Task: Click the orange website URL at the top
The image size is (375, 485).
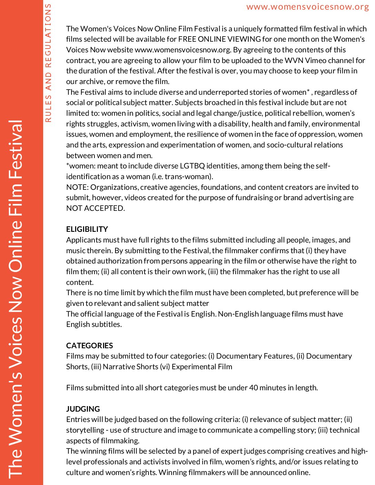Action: click(x=307, y=7)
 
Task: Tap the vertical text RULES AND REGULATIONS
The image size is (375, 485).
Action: click(x=48, y=63)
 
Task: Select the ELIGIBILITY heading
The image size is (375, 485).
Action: click(x=87, y=229)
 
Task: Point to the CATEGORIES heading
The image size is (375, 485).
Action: click(x=89, y=345)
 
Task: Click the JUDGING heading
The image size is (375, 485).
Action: click(x=83, y=409)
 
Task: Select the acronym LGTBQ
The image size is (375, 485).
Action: click(x=192, y=166)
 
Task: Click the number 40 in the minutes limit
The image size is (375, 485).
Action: click(x=253, y=388)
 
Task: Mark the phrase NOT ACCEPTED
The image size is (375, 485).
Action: click(x=95, y=208)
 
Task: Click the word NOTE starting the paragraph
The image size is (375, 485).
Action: click(x=77, y=187)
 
